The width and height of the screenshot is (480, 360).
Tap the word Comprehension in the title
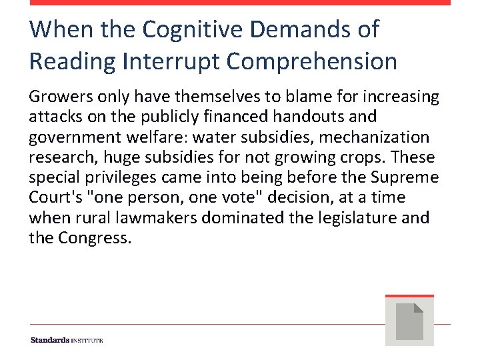[312, 61]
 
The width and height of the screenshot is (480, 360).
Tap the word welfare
[159, 137]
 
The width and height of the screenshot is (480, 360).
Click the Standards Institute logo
[67, 340]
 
